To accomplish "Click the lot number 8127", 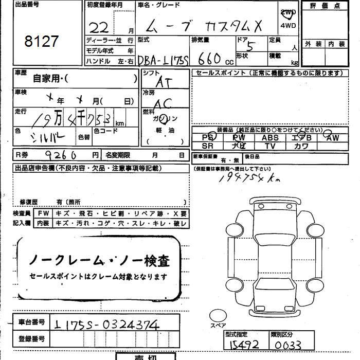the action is click(42, 42).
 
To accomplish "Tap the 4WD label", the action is click(287, 25).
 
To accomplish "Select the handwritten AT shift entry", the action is click(164, 81).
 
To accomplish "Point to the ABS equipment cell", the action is click(270, 138).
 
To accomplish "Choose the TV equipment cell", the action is click(270, 146).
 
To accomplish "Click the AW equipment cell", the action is click(333, 138).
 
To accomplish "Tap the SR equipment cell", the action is click(207, 146).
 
